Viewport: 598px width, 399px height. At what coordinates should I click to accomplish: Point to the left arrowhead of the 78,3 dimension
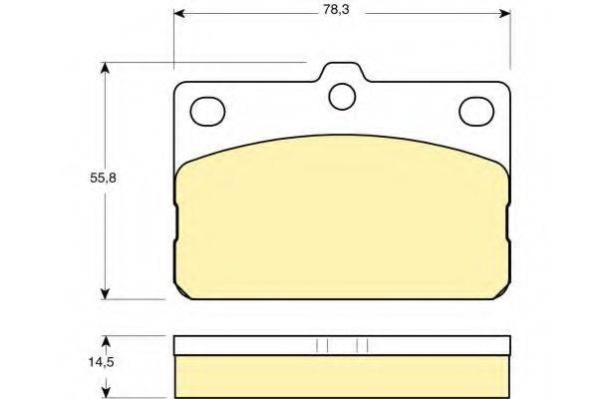[180, 14]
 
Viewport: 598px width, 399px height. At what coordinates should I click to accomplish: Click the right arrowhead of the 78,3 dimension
[505, 14]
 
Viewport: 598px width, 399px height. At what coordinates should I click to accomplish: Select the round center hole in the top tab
[343, 95]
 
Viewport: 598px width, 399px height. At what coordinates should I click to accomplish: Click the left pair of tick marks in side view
[321, 346]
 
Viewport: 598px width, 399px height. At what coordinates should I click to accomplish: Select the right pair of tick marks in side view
[363, 346]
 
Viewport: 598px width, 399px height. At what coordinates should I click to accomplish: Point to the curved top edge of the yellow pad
[343, 136]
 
